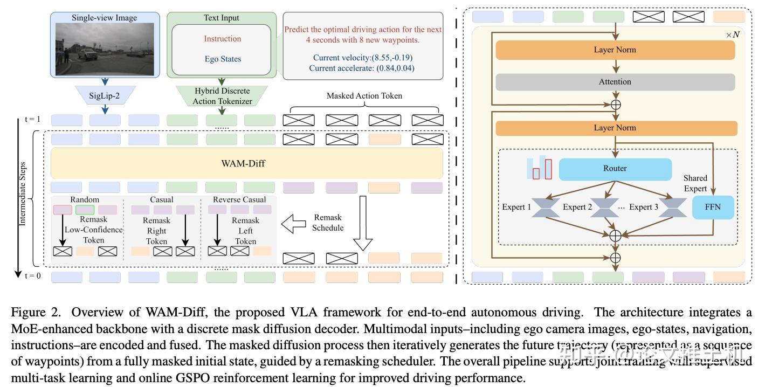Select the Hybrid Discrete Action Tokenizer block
point(222,95)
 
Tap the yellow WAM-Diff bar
point(247,163)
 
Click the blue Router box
point(615,169)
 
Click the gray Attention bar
point(615,82)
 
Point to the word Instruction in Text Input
point(223,39)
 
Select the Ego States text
point(223,59)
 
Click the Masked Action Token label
point(364,96)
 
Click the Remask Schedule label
point(328,223)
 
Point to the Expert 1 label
point(516,207)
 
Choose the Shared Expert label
point(695,183)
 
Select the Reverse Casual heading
point(239,199)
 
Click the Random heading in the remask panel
point(85,199)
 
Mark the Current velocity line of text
point(362,57)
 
